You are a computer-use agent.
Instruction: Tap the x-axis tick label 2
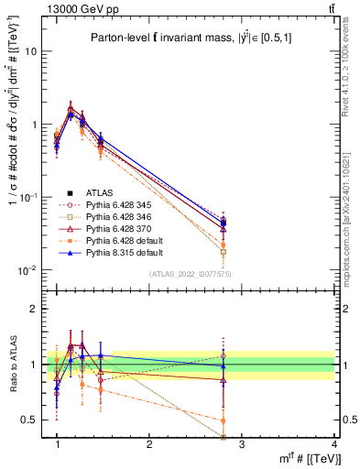pos(149,444)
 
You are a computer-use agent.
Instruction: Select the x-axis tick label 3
pos(241,444)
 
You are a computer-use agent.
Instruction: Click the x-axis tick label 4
pos(333,444)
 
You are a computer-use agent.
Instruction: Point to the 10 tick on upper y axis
pos(29,51)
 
